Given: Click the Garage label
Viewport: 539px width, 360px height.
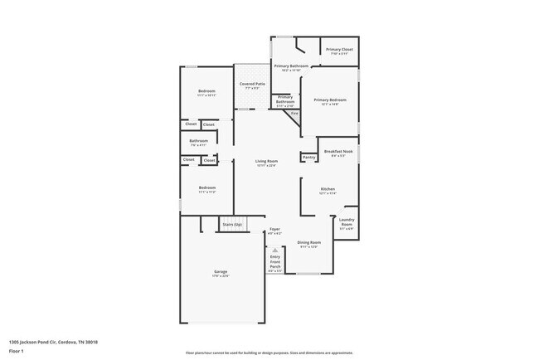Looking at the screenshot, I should (221, 271).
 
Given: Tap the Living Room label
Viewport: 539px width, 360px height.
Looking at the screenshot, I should (265, 161).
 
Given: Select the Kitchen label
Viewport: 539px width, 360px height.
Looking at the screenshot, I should (328, 188).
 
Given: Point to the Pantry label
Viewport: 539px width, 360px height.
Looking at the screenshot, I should (308, 157).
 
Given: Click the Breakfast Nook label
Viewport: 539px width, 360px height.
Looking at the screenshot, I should (339, 151).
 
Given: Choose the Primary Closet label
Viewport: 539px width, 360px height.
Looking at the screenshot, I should (340, 50).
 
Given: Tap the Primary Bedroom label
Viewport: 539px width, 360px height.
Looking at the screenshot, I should (329, 100).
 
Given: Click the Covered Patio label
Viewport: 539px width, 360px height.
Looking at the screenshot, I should (252, 84).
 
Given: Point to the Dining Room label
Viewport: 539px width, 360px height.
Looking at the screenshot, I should (308, 241).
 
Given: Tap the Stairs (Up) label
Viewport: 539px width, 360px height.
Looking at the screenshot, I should (232, 224).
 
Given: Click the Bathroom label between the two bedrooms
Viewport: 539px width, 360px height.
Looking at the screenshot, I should (198, 140).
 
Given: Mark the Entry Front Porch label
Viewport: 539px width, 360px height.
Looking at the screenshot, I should (275, 261).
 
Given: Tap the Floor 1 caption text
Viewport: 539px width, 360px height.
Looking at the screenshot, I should (17, 350).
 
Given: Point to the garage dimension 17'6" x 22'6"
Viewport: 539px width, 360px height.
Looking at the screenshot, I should (221, 276).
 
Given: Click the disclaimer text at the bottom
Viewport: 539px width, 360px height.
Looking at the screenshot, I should (269, 353).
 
